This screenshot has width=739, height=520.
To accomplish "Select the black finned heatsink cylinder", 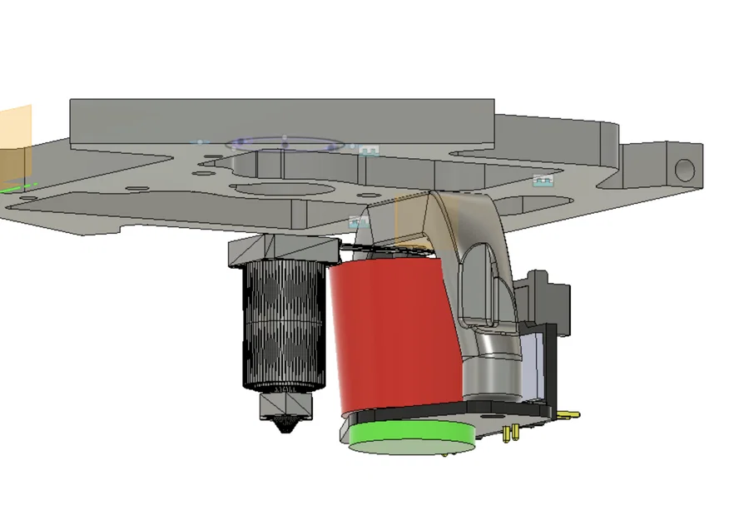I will pos(282,324).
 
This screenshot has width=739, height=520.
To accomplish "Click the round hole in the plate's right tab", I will pos(684,170).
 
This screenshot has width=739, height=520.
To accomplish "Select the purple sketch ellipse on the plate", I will pos(285,143).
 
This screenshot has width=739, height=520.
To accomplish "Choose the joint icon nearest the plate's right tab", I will pos(543,180).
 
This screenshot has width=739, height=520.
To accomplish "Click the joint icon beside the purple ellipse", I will pos(369,150).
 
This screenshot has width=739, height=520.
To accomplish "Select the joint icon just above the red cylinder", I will pos(359,222).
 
